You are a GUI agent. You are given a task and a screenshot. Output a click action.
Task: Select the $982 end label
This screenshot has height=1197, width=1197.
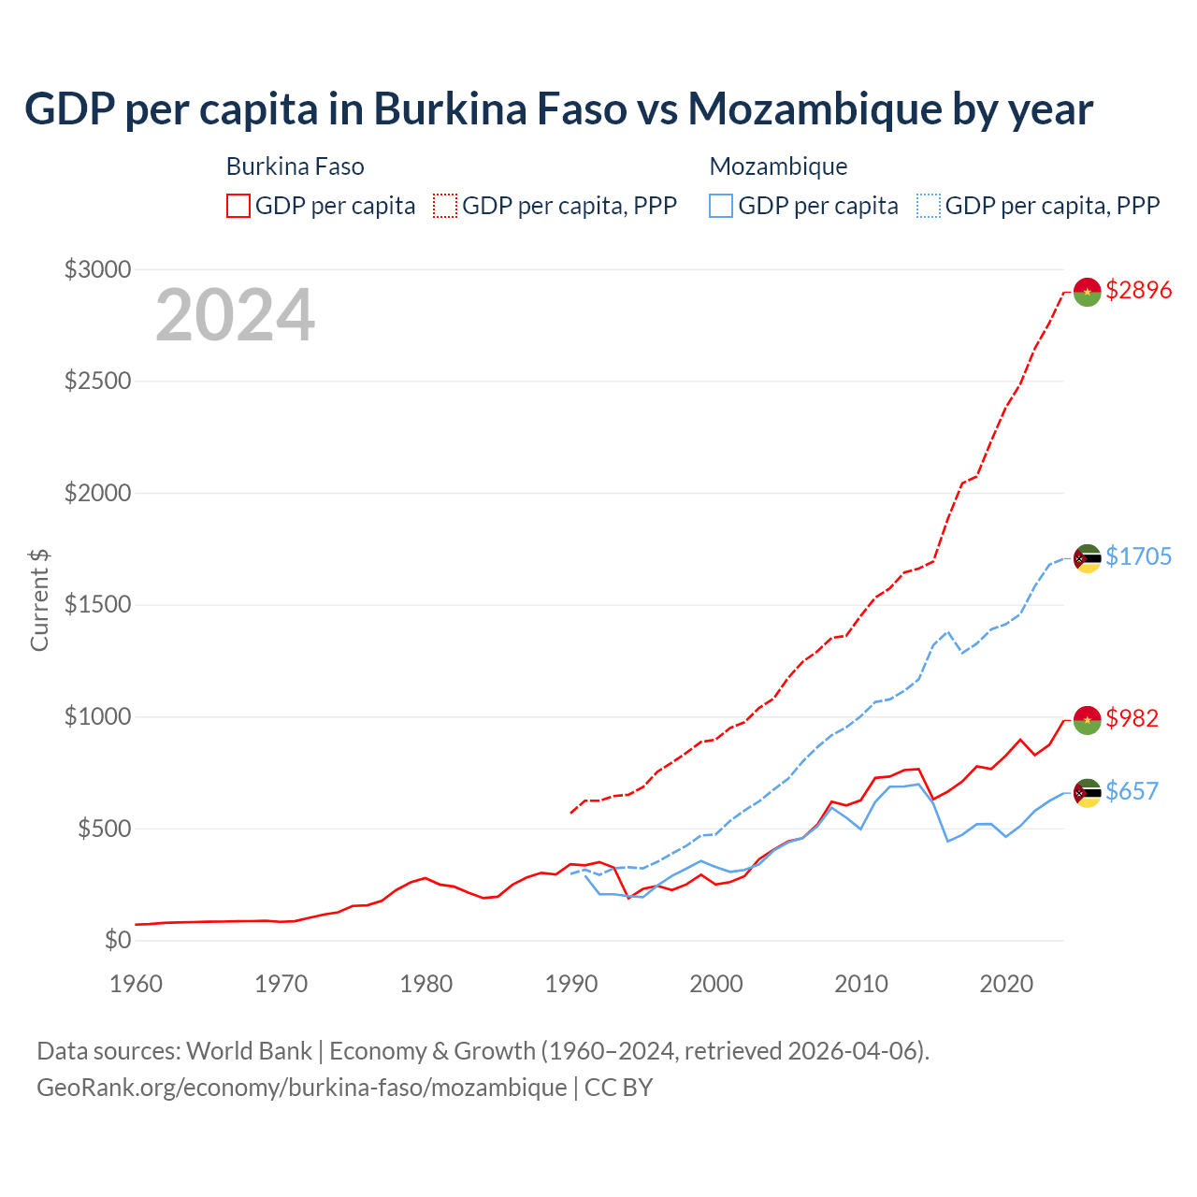pyautogui.click(x=1132, y=718)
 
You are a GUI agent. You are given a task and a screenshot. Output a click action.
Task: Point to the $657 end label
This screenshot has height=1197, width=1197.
pyautogui.click(x=1132, y=791)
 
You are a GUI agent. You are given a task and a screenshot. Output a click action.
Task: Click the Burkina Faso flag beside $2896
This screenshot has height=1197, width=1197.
pyautogui.click(x=1087, y=292)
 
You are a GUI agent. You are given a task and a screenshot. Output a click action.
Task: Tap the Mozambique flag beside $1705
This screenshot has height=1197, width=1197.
pyautogui.click(x=1087, y=558)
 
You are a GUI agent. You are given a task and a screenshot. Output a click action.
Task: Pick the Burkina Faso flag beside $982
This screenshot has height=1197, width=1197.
pyautogui.click(x=1087, y=720)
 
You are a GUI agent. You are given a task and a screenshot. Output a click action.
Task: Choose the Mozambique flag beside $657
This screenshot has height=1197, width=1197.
pyautogui.click(x=1087, y=793)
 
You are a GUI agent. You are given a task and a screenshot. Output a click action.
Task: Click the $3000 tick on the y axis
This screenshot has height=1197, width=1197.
pyautogui.click(x=97, y=270)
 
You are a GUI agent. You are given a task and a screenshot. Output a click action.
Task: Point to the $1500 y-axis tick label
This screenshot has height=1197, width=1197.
pyautogui.click(x=97, y=605)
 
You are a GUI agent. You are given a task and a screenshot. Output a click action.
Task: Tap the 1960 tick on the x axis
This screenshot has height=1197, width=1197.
pyautogui.click(x=137, y=984)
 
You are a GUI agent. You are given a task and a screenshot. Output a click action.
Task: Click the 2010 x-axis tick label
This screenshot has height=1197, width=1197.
pyautogui.click(x=861, y=984)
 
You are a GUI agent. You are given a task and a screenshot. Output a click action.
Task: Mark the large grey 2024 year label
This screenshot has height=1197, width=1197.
pyautogui.click(x=235, y=315)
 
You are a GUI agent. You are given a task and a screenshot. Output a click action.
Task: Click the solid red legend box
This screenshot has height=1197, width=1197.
pyautogui.click(x=238, y=206)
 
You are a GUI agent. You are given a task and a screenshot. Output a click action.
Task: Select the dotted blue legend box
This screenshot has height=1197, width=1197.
pyautogui.click(x=929, y=206)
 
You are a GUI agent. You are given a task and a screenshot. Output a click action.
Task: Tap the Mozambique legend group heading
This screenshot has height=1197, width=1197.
pyautogui.click(x=778, y=166)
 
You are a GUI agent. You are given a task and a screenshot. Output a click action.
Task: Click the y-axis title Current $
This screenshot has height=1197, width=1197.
pyautogui.click(x=39, y=600)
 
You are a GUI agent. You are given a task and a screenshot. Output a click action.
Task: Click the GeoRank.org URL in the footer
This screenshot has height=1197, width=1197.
pyautogui.click(x=301, y=1088)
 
